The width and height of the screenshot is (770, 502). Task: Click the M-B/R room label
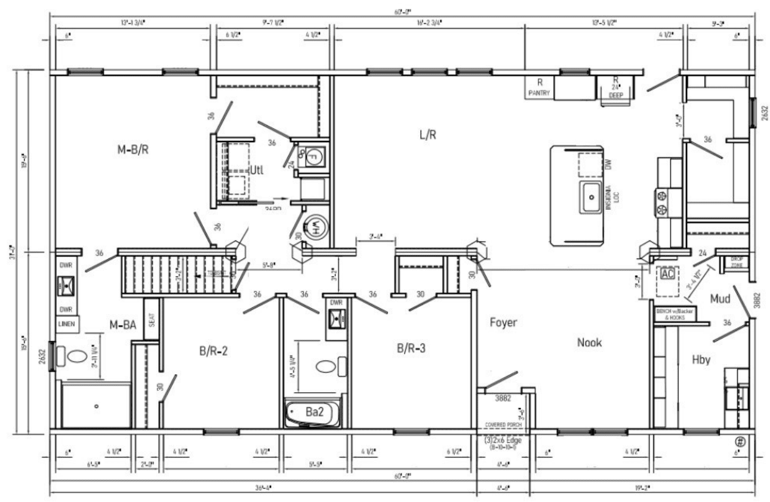(x=132, y=150)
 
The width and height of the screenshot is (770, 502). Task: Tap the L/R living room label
(x=427, y=135)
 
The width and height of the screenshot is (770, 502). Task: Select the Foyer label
(x=503, y=323)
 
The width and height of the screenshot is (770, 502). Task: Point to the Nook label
(x=589, y=343)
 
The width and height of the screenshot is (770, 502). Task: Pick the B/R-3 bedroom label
(x=411, y=348)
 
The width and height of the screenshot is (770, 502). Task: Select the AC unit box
(x=667, y=274)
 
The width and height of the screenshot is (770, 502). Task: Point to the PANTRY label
(x=540, y=93)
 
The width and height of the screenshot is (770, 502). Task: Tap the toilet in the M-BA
(x=78, y=358)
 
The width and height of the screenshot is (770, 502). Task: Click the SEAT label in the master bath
(x=152, y=320)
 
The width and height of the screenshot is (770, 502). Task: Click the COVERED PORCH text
(x=504, y=424)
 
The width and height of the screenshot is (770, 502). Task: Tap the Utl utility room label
(x=256, y=170)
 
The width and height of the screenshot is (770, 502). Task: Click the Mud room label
(x=720, y=298)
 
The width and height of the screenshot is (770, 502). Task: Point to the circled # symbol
(x=741, y=442)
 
